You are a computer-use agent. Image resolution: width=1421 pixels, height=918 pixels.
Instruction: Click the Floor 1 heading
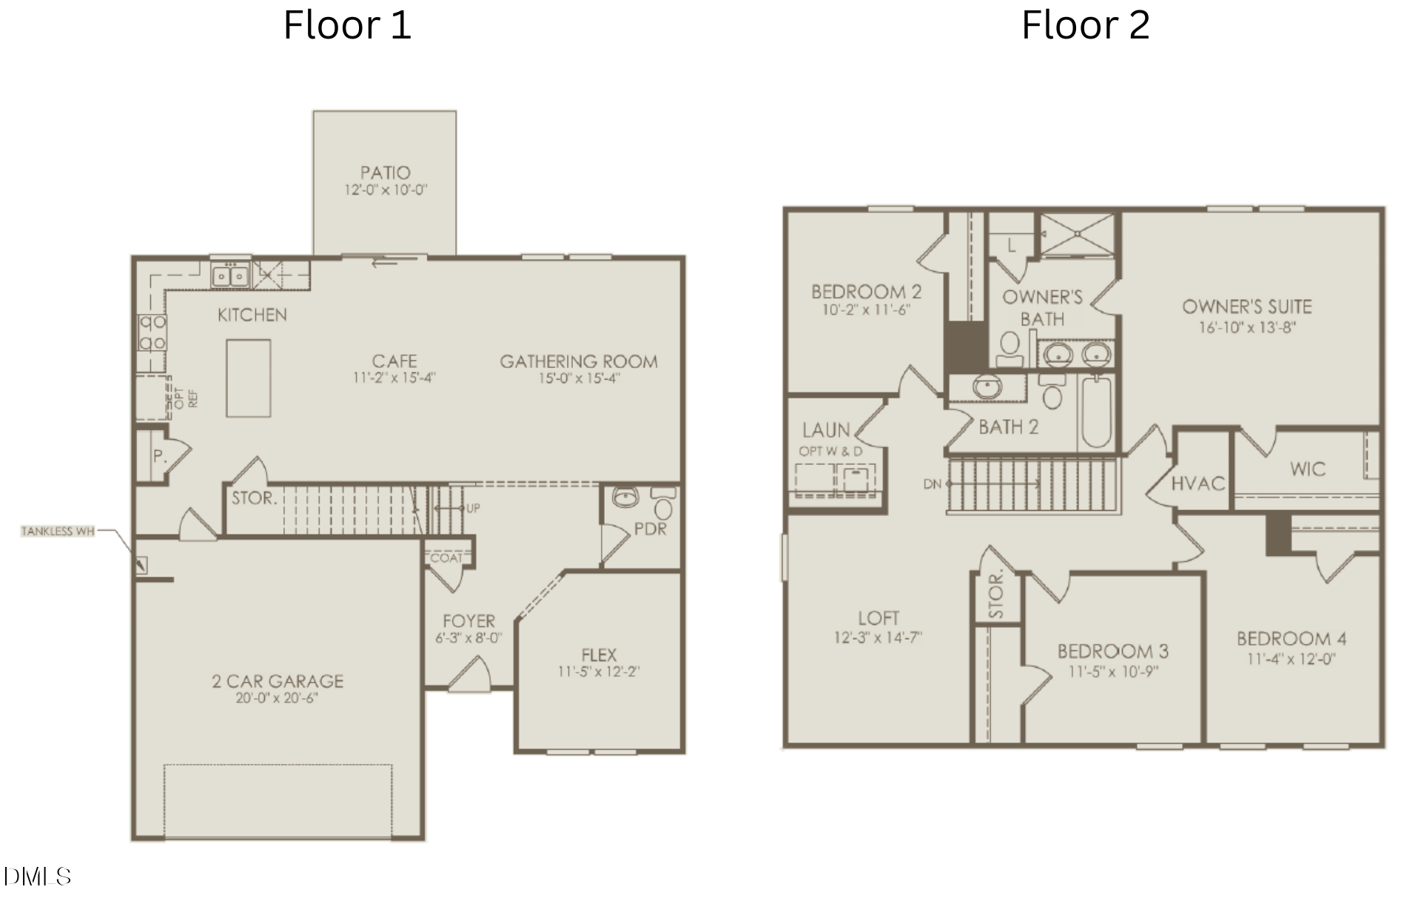point(347,25)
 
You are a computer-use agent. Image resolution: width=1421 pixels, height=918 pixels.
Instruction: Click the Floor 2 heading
point(1085,25)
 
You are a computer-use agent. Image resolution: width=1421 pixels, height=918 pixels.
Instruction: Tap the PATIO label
point(385,172)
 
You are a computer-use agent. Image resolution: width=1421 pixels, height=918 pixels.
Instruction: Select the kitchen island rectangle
point(249,378)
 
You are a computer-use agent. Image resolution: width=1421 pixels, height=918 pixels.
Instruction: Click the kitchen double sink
point(230,276)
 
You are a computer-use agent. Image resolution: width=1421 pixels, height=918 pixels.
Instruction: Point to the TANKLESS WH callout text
point(58,531)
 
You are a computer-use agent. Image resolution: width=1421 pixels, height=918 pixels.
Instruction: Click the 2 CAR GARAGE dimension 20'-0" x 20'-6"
point(277,697)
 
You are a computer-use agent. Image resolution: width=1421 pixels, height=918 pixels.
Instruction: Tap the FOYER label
point(469,621)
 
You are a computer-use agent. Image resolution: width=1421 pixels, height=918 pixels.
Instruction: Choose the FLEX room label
point(599,654)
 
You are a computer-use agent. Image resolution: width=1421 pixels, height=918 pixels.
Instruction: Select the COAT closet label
point(446,557)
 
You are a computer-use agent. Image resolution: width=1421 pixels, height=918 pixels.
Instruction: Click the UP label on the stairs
point(473,508)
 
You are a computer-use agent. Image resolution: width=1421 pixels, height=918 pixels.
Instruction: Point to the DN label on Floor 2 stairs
point(933,483)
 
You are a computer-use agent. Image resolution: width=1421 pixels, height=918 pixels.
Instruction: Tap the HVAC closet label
point(1198,483)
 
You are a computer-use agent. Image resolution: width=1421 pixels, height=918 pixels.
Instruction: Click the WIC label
point(1308,469)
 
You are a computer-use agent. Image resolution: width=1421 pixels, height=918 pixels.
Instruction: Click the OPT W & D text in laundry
point(830,451)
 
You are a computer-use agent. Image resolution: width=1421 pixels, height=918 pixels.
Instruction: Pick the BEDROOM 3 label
point(1112,651)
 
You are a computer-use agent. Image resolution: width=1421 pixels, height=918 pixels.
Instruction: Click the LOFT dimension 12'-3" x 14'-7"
point(878,637)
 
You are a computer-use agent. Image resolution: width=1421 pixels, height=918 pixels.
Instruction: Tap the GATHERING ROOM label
point(579,361)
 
